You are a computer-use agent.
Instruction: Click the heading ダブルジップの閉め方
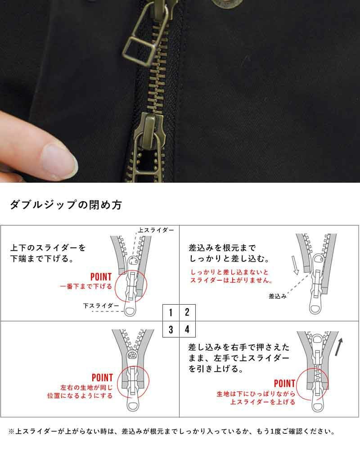[66, 205]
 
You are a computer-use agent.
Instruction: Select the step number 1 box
[171, 312]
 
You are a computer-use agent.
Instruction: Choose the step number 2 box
[188, 312]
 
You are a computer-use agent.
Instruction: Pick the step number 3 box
[171, 329]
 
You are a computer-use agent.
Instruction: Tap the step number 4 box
[188, 329]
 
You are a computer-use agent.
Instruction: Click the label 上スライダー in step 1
[156, 230]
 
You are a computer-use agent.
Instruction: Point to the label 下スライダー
[101, 306]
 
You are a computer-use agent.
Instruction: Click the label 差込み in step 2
[277, 296]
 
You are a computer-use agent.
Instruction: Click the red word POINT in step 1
[101, 277]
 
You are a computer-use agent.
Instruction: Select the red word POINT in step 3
[102, 378]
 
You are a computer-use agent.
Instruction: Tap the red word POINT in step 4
[284, 383]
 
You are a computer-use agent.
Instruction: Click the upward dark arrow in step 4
[339, 346]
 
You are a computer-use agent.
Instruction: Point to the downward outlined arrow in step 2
[296, 265]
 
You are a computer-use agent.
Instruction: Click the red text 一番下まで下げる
[86, 286]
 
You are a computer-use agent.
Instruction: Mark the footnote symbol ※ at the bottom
[12, 432]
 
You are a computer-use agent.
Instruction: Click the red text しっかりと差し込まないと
[229, 272]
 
